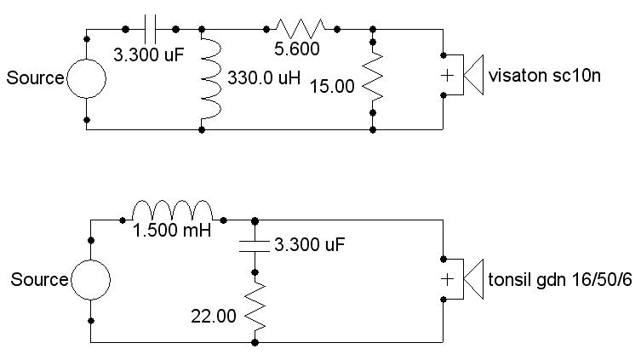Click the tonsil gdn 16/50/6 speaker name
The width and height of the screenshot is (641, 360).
pyautogui.click(x=560, y=280)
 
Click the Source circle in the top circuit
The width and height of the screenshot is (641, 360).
pyautogui.click(x=87, y=78)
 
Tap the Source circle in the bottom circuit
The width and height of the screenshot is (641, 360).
pyautogui.click(x=90, y=280)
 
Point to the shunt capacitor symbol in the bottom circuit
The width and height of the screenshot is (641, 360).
pyautogui.click(x=255, y=245)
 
